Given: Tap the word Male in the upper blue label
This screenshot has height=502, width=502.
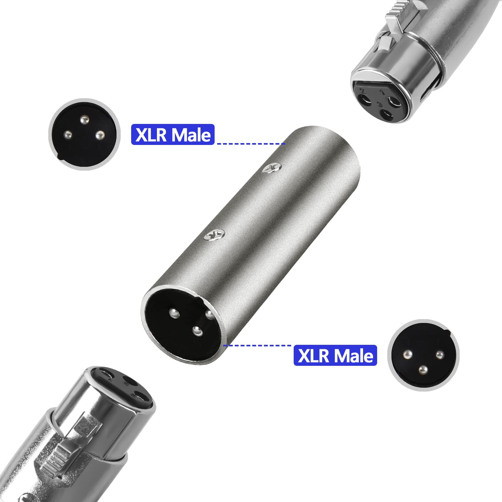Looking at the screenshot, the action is [191, 135].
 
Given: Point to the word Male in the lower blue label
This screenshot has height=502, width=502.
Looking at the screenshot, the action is [354, 356].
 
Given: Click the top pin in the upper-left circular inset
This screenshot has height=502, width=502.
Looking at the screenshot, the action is [84, 120].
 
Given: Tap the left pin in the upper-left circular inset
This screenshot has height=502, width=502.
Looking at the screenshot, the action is [67, 136].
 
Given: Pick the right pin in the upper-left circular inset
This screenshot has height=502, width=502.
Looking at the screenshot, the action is [100, 136].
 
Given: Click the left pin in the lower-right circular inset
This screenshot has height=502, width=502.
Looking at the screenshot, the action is [408, 354].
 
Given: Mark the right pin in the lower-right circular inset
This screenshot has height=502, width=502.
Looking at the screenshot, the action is [440, 355].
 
